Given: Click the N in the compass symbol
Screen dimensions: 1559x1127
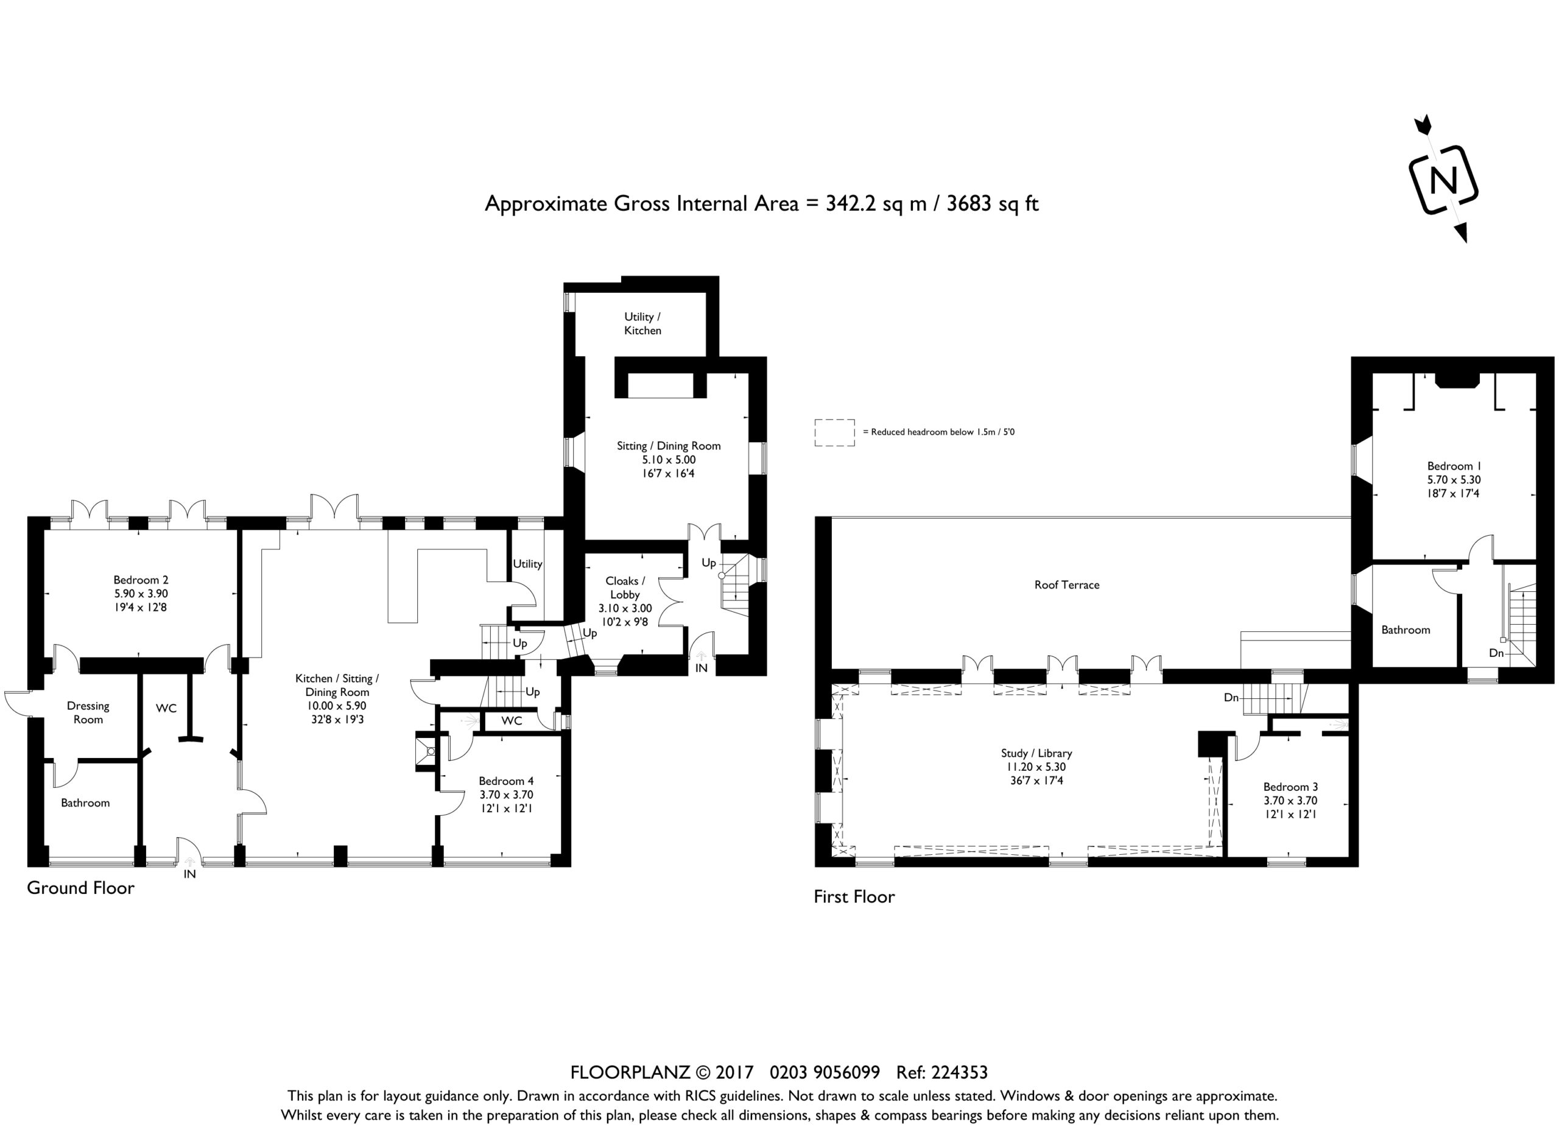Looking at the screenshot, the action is [1443, 181].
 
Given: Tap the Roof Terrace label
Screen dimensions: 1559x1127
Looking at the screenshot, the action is [1067, 585].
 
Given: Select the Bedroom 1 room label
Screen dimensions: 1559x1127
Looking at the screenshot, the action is [1454, 466].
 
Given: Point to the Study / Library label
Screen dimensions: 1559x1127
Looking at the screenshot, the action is [1036, 753].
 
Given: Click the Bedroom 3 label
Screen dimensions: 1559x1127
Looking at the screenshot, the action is [1290, 787].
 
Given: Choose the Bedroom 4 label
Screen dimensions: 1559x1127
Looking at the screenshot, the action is [506, 781].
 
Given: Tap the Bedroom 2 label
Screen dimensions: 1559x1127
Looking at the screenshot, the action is [141, 580].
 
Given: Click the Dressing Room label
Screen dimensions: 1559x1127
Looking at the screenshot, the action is [88, 712].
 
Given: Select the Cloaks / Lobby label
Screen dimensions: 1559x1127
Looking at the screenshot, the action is [625, 588].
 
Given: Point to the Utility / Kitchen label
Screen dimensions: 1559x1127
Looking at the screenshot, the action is [642, 324].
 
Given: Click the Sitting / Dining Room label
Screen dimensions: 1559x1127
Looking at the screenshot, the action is [669, 446].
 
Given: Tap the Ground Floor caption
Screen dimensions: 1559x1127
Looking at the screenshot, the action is [80, 888].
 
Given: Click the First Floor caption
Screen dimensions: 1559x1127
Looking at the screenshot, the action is [854, 897].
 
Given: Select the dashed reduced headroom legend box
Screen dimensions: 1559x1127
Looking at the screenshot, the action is [834, 433].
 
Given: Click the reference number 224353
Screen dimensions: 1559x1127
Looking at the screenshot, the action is [960, 1073].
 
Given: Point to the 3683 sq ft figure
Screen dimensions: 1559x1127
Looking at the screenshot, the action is [993, 203].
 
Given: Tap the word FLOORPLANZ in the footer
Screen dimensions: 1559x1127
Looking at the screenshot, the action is [630, 1073].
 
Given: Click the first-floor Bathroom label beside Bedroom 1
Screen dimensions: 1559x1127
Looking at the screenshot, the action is [1406, 630].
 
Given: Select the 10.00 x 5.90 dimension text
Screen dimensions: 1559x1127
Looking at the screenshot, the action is [336, 706].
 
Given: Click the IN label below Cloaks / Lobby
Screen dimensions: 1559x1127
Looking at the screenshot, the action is [701, 667].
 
